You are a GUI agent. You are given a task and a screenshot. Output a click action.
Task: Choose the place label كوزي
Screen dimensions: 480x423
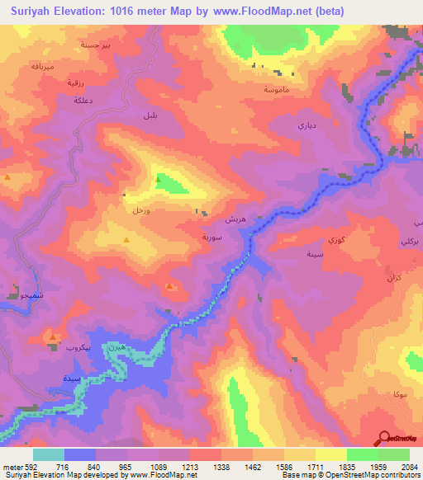pyautogui.click(x=336, y=239)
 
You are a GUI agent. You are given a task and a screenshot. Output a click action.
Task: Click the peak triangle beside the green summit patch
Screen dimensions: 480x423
pyautogui.click(x=156, y=178)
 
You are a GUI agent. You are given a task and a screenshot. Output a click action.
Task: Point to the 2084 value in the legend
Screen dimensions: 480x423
pyautogui.click(x=399, y=466)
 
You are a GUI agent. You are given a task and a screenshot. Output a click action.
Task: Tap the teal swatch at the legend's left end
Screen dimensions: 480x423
pyautogui.click(x=48, y=454)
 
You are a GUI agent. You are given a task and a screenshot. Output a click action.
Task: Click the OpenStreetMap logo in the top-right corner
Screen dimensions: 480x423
pyautogui.click(x=399, y=73)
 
